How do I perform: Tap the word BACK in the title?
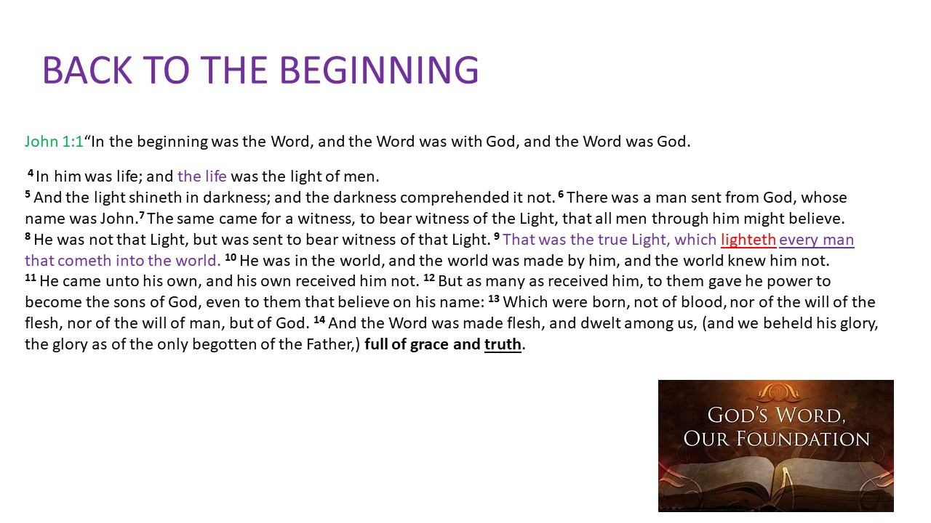87,70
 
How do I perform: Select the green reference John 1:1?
54,142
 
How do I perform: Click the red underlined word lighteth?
748,240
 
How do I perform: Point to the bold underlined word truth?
503,344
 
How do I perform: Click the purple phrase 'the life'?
202,177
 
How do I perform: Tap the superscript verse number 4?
31,173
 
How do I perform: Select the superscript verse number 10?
231,257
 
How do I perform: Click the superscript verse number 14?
319,320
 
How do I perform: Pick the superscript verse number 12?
429,277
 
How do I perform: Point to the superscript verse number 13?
494,299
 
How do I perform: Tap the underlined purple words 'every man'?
817,240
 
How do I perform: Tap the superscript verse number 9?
497,236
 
